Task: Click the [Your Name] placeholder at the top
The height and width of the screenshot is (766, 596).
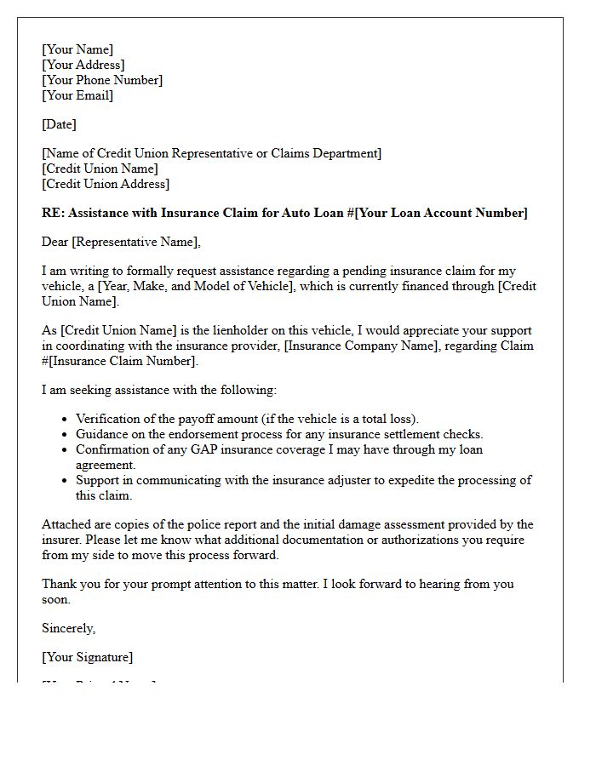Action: click(x=77, y=49)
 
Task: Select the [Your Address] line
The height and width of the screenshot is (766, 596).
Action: click(x=83, y=65)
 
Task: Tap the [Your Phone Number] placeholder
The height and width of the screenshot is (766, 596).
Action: click(x=102, y=80)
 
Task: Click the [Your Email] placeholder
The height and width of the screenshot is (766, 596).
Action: click(x=77, y=95)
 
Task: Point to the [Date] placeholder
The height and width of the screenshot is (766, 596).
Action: click(x=59, y=124)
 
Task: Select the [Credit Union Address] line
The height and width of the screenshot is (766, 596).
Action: click(x=106, y=184)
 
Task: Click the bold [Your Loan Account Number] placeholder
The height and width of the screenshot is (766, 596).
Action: click(x=441, y=213)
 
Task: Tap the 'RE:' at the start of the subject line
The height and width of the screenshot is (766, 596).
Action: click(x=53, y=213)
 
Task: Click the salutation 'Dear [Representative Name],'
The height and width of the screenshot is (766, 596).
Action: click(x=121, y=242)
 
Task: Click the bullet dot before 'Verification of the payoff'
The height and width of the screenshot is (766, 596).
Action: click(x=66, y=420)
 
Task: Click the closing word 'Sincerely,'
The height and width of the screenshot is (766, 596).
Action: click(x=68, y=628)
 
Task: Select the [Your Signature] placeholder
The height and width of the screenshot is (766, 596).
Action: click(x=87, y=657)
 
